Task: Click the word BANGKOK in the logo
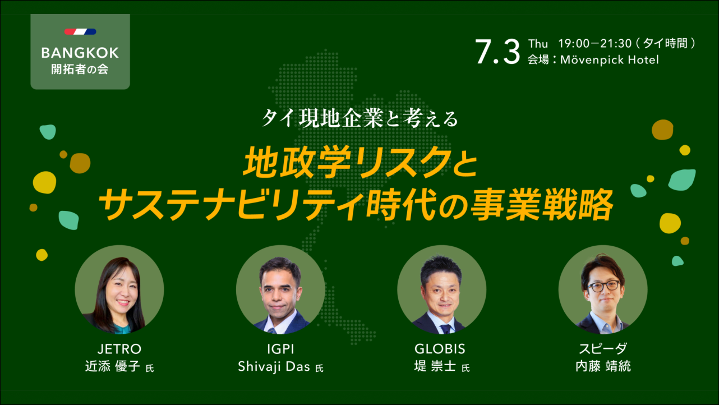point(80,53)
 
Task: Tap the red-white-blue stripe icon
point(80,31)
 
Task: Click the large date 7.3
point(497,52)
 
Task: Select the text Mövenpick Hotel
point(609,59)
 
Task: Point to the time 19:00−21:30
point(595,43)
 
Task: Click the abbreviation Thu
point(538,43)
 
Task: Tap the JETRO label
point(119,349)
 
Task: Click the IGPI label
point(280,349)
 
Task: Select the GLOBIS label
point(440,349)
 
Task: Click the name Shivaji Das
point(274,366)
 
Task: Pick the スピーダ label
point(603,349)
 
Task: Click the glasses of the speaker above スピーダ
point(603,286)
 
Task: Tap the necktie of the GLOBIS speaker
point(445,329)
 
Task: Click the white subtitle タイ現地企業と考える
point(359,118)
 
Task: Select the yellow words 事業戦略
point(542,205)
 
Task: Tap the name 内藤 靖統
point(603,366)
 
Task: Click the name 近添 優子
point(112,366)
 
